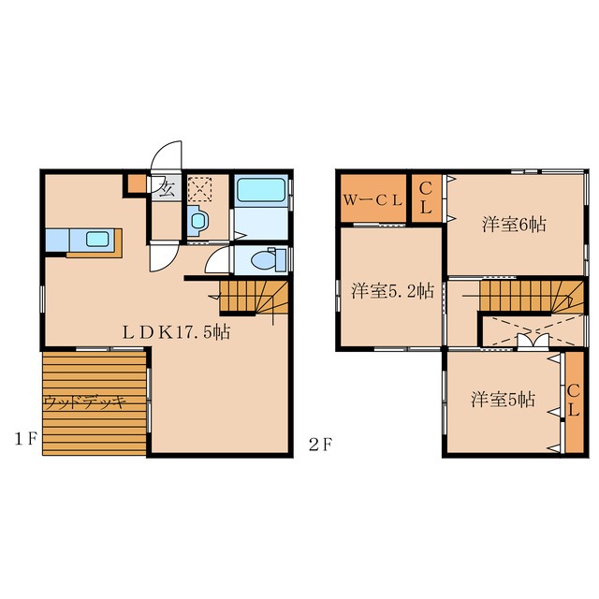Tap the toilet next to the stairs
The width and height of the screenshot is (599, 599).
[269, 260]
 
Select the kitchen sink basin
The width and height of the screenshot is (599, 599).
[97, 240]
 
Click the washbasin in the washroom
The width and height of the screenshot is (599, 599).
[198, 221]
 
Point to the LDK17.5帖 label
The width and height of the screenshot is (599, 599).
[176, 332]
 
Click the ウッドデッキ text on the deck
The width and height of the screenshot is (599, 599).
[84, 402]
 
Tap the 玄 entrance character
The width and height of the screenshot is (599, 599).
[167, 188]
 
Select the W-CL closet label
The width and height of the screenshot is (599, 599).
[373, 200]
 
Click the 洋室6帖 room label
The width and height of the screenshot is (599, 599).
[514, 225]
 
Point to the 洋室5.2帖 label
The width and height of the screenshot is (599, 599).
[392, 291]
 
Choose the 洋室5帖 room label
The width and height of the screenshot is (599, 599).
[503, 400]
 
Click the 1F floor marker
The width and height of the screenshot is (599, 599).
[25, 439]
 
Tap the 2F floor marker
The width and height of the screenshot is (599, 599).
[320, 445]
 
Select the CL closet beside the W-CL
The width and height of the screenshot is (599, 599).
[426, 197]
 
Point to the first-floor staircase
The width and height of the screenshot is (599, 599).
[254, 298]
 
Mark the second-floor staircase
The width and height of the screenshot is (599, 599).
[532, 296]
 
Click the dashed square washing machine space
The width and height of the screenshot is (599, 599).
[199, 188]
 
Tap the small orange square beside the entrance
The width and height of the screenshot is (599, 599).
[137, 183]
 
